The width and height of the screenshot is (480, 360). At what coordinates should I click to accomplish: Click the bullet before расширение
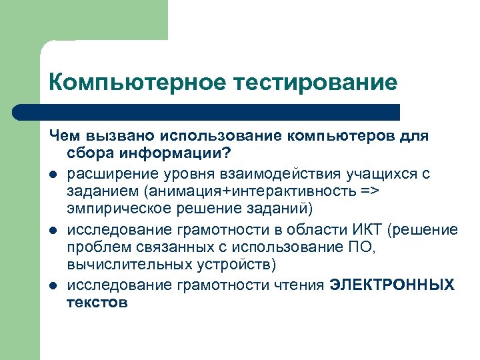click(x=53, y=174)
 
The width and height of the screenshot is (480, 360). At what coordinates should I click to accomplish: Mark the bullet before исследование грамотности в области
click(x=53, y=230)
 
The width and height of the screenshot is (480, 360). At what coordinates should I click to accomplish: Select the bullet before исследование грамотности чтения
click(x=53, y=285)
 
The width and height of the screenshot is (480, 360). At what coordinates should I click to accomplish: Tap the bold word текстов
click(x=97, y=303)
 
